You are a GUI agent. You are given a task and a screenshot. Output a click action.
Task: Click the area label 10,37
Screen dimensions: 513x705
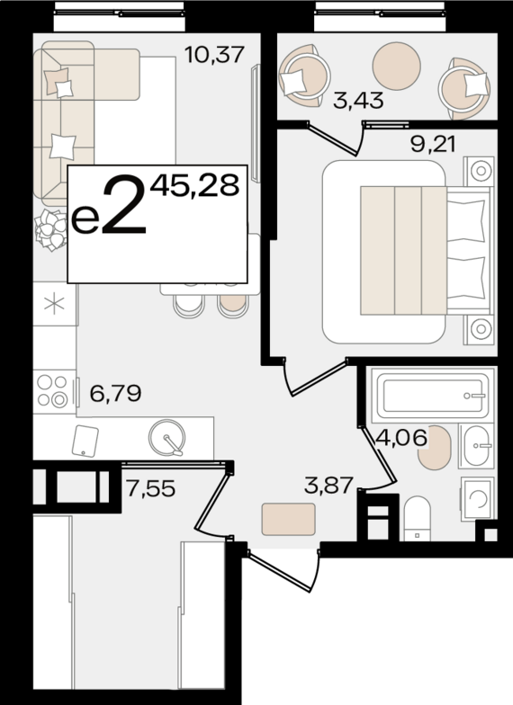[214, 55]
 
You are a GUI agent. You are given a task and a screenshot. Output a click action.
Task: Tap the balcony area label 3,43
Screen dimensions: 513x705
[358, 100]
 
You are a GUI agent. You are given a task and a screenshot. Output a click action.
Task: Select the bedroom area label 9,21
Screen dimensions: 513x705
[433, 144]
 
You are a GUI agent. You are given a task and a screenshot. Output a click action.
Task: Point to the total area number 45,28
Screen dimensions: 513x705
[194, 186]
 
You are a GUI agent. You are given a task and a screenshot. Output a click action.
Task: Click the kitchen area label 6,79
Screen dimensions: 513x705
[115, 394]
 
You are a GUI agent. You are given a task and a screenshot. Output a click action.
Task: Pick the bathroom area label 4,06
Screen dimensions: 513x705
[401, 437]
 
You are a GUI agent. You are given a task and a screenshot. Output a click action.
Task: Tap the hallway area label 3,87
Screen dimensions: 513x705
[328, 486]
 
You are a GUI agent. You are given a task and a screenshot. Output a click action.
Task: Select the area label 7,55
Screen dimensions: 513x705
[150, 488]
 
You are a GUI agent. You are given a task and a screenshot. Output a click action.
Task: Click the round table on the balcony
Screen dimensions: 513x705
[396, 66]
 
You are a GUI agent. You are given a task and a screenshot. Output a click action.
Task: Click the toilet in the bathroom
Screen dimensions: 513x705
[418, 518]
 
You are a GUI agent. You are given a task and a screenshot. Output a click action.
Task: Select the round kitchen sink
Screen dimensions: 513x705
[167, 438]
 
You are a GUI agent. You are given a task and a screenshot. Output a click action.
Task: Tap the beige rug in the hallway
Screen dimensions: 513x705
[288, 520]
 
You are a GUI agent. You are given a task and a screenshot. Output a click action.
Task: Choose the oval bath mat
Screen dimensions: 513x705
[434, 448]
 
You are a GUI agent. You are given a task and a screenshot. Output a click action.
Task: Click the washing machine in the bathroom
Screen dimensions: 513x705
[477, 498]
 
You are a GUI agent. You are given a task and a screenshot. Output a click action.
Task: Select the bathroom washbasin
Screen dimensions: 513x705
[477, 446]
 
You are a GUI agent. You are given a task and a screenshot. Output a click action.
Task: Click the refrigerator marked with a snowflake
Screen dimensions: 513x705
[55, 304]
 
